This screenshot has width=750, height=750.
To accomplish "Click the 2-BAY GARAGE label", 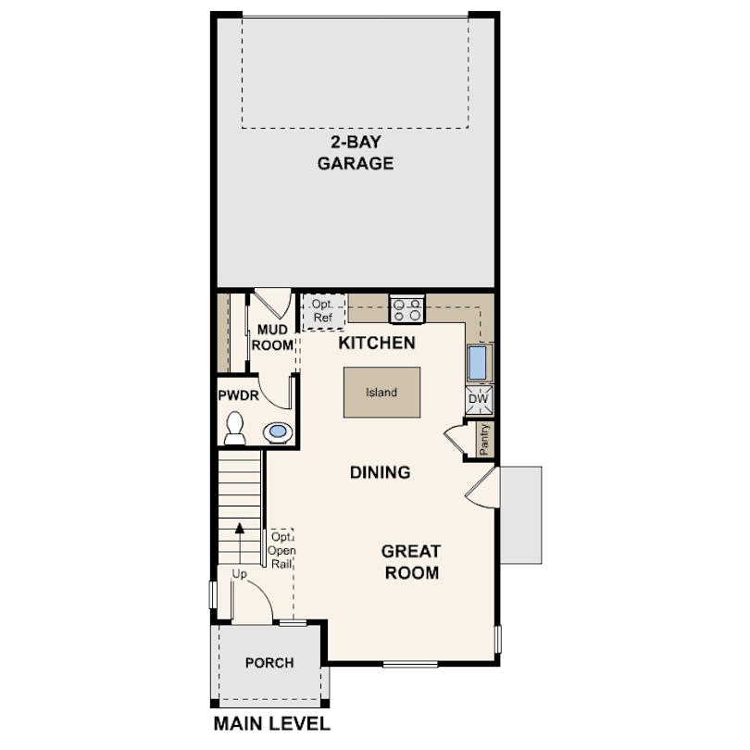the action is coord(356,153).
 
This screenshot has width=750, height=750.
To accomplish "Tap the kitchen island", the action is coord(381,393).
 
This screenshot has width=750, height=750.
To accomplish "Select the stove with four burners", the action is coord(407,309).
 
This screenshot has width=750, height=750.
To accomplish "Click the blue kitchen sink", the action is coord(478,362).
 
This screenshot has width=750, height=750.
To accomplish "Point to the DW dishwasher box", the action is coord(479,399).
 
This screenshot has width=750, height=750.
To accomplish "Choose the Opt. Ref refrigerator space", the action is coord(323,311).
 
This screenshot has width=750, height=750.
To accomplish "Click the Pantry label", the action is coord(484,439).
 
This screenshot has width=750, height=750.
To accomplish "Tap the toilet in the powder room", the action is coord(235,428).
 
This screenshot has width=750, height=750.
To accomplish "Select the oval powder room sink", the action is coord(278,431).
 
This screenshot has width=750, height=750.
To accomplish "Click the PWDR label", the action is coord(238,395).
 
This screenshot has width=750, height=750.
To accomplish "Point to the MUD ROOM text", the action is coord(272,337).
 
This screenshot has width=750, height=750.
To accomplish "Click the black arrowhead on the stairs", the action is coord(240,528).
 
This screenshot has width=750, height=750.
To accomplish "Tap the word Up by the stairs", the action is coord(239,573).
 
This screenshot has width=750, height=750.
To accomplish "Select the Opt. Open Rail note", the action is coord(281,551).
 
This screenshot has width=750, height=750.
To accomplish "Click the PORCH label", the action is coord(269,663).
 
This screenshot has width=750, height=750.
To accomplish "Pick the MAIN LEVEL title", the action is coord(271,724).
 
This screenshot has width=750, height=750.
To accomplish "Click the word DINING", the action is coord(381,472).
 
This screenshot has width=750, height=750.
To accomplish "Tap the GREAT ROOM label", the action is coord(411,562).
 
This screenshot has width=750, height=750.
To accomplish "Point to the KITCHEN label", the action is coord(377,343).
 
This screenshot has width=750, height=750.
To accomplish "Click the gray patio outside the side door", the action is coord(521,515).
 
